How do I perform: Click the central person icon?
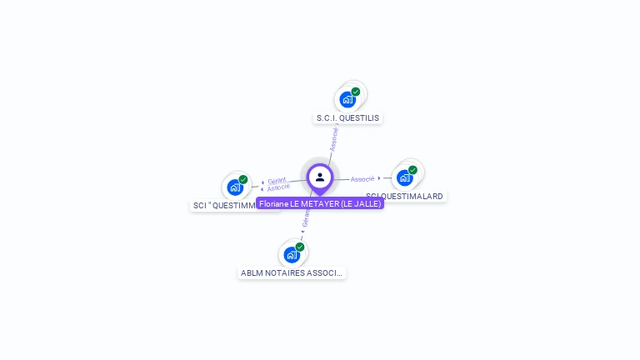pos(320,177)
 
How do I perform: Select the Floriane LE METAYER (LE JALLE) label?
pos(320,203)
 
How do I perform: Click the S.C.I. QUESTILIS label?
pos(347,117)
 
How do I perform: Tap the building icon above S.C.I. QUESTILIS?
pos(347,100)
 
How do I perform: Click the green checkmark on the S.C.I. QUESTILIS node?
pos(356,92)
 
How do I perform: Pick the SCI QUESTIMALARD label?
pos(406,196)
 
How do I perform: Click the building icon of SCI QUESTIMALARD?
pos(404,177)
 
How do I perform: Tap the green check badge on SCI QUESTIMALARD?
pos(412,170)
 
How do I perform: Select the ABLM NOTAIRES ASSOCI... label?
pos(292,272)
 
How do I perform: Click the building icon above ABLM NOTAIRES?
pos(291,254)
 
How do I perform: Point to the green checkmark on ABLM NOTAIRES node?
pos(300,247)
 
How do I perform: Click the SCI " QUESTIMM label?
pos(224,205)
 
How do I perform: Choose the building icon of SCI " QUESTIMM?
pos(235,187)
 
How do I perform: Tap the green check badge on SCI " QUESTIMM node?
pos(243,179)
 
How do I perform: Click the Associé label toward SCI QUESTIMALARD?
pos(362,179)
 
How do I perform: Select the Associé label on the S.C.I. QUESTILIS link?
pos(334,137)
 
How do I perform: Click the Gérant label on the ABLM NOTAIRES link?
pos(306,217)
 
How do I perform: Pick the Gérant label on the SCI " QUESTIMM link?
pos(277,180)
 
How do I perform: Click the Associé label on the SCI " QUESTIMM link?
pos(278,187)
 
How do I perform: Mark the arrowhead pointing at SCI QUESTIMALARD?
pos(380,178)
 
